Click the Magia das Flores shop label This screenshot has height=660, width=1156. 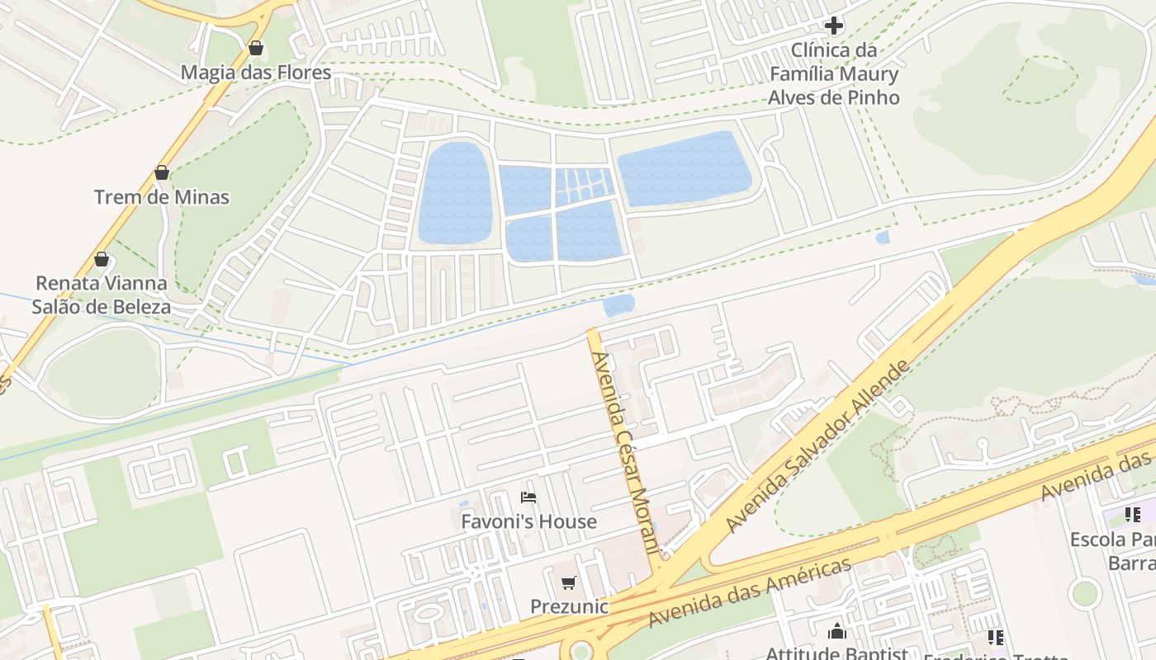[256, 73]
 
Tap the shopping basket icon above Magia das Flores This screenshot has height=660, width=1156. [256, 48]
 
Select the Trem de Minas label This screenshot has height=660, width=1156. [162, 197]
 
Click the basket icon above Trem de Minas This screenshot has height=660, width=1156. [162, 172]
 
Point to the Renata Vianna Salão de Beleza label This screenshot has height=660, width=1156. [102, 295]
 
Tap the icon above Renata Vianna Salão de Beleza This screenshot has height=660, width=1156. [102, 259]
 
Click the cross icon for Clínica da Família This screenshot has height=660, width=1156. [834, 26]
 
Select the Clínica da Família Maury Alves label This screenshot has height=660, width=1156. [834, 74]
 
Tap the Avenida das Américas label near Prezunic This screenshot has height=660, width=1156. [749, 592]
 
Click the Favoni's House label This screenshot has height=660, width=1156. [528, 521]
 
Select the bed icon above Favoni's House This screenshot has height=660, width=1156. [528, 497]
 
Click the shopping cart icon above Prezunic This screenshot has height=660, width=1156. [569, 583]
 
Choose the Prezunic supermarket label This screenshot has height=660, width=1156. [569, 607]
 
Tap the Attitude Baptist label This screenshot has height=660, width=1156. [836, 653]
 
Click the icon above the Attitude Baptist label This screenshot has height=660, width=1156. [837, 632]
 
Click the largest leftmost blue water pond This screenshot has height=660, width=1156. [455, 193]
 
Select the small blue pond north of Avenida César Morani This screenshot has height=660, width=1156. [618, 305]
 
